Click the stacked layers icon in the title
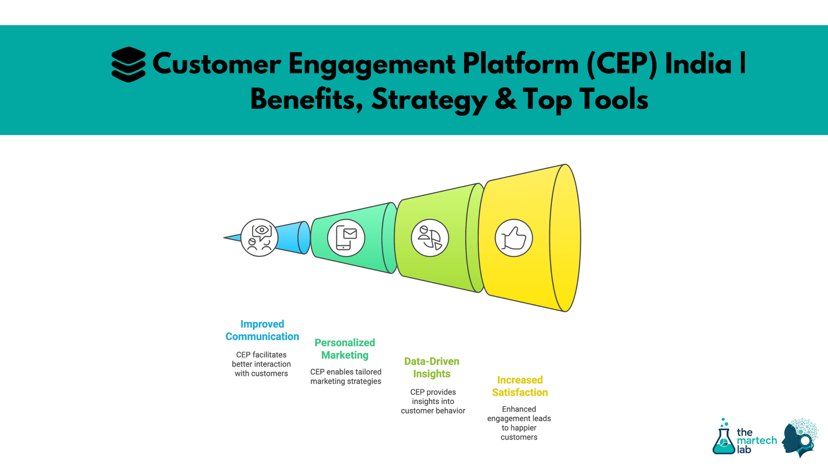tap(128, 64)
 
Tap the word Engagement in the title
tap(372, 65)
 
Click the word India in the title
tap(698, 64)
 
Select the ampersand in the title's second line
tap(506, 99)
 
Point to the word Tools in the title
tap(613, 99)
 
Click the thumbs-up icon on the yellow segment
tap(513, 238)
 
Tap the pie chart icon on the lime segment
tap(430, 238)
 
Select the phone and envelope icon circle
tap(346, 238)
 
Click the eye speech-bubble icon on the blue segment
tap(259, 238)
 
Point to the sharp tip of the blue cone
tap(225, 238)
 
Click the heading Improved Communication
tap(262, 330)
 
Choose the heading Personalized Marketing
tap(345, 349)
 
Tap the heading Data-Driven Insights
tap(432, 368)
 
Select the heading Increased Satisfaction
tap(520, 386)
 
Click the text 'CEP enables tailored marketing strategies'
tap(346, 376)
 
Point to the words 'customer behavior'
tap(433, 411)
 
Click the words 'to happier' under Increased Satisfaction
tap(519, 428)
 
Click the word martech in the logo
tap(757, 441)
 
